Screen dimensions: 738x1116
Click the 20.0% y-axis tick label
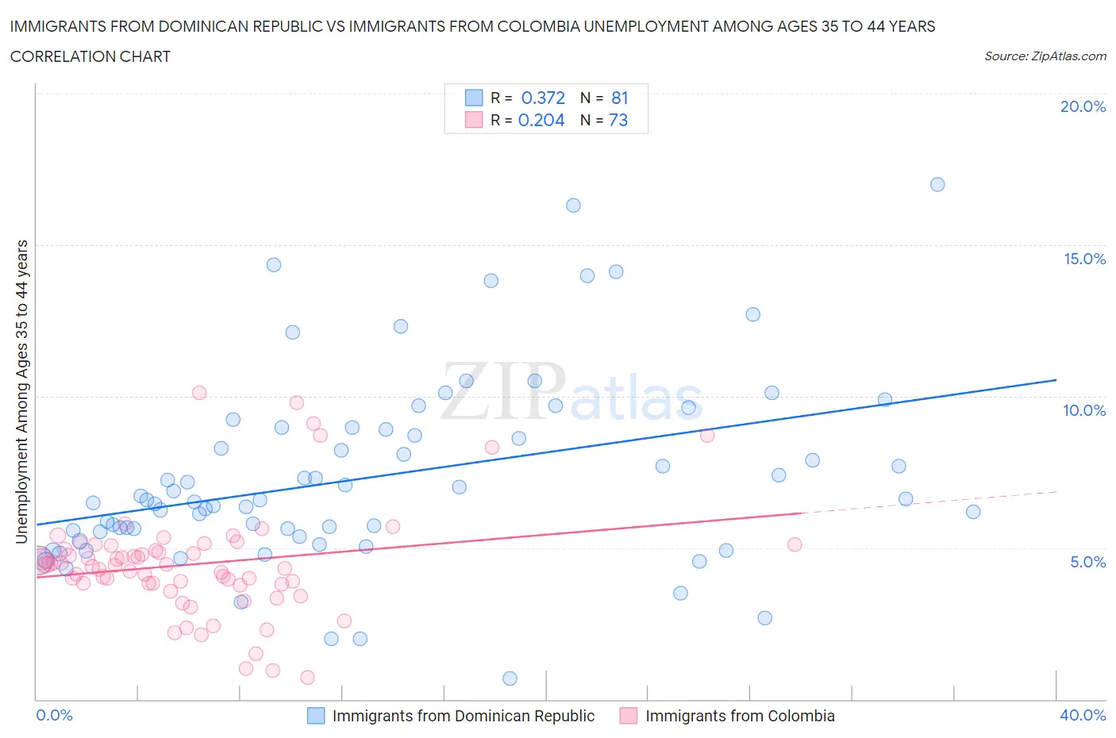[1083, 106]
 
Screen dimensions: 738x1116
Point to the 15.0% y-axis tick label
[1084, 259]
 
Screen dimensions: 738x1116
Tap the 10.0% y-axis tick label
[1084, 410]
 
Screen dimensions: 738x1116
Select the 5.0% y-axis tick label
[1087, 562]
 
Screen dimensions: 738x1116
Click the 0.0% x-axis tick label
[54, 715]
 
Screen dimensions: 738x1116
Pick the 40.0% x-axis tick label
[1083, 715]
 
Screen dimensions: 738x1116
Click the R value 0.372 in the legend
[543, 98]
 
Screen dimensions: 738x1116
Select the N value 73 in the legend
[618, 120]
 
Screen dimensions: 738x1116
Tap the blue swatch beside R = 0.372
[474, 98]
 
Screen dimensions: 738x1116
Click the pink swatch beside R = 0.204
[474, 120]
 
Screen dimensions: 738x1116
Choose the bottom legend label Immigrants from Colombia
[740, 716]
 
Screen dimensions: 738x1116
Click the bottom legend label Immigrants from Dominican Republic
[463, 716]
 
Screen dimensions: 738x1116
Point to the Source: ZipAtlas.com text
[1045, 56]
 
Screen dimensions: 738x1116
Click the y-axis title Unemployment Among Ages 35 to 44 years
[22, 392]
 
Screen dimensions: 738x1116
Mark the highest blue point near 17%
[937, 184]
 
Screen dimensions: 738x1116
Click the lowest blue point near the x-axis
[510, 678]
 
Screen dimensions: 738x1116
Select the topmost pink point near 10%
[199, 393]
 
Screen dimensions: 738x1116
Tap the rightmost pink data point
[795, 544]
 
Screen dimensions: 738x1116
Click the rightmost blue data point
[973, 512]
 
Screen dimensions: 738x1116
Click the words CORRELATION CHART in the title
[90, 56]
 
